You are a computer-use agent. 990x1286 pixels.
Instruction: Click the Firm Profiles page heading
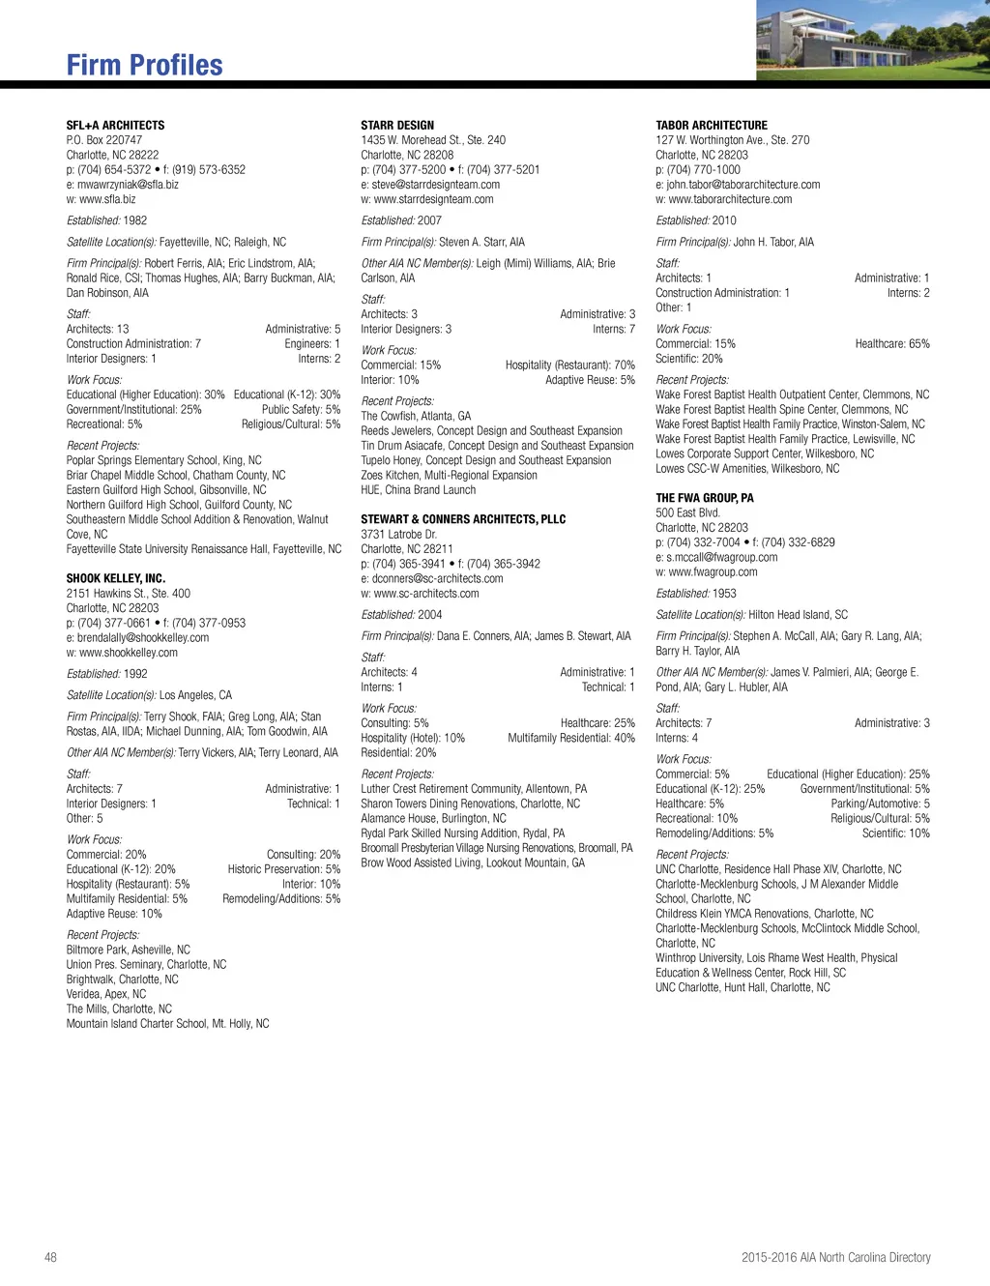[x=144, y=66]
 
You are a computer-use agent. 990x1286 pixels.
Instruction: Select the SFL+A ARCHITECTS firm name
[x=115, y=126]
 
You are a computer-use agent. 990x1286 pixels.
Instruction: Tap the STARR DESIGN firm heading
[x=397, y=126]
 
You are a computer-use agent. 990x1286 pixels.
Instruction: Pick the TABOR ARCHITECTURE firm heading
[x=712, y=126]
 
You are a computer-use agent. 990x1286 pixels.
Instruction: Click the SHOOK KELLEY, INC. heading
[x=115, y=578]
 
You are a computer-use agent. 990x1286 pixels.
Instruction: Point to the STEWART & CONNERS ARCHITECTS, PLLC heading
[x=463, y=519]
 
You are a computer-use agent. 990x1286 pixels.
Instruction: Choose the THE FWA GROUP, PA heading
[x=704, y=498]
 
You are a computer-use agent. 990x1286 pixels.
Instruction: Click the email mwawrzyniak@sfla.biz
[x=128, y=185]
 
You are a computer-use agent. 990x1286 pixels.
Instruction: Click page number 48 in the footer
[x=50, y=1257]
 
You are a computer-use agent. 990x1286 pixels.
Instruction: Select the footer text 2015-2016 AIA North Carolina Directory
[x=835, y=1257]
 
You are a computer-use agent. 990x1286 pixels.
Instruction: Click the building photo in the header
[x=872, y=40]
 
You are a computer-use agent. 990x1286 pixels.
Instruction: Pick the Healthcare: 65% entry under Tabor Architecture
[x=891, y=344]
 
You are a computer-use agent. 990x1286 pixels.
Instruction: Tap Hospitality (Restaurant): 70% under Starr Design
[x=569, y=365]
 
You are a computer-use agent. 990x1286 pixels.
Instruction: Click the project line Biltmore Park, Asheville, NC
[x=128, y=950]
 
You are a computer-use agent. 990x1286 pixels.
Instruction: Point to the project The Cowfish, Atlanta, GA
[x=416, y=417]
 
